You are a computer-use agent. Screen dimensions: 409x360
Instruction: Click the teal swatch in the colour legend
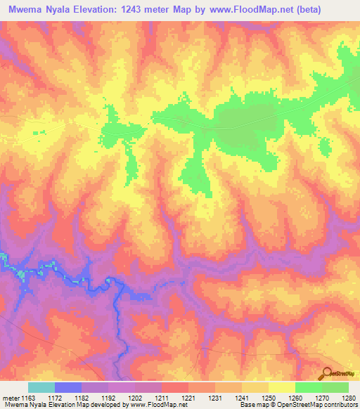[x=41, y=387]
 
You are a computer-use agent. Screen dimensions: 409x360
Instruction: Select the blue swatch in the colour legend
[x=68, y=387]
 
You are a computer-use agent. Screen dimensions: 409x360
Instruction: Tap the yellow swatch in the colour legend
[x=281, y=387]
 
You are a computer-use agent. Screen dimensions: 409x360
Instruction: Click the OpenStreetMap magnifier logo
[x=327, y=373]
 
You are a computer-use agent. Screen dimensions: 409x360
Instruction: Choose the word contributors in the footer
[x=340, y=405]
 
